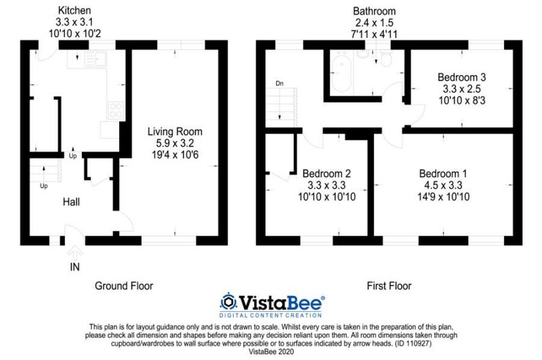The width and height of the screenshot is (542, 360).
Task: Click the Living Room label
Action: tap(175, 132)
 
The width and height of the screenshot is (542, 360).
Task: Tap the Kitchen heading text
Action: tap(75, 10)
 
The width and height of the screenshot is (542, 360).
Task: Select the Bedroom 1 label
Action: tap(443, 174)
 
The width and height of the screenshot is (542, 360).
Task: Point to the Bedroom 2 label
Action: tap(327, 174)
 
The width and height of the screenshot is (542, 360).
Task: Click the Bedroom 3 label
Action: tap(462, 77)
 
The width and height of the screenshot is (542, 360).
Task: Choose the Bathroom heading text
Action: tap(375, 11)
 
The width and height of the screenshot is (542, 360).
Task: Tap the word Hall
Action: tap(71, 202)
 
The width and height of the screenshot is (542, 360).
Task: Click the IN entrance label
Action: tap(75, 267)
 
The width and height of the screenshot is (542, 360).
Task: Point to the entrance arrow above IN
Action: tap(75, 253)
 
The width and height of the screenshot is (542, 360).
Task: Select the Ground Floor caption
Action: tap(124, 285)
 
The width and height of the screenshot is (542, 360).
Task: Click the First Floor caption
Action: tap(389, 285)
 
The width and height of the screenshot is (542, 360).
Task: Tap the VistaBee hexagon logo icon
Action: tap(228, 302)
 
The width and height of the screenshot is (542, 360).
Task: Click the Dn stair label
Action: tap(279, 83)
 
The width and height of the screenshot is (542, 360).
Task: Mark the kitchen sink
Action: tap(96, 59)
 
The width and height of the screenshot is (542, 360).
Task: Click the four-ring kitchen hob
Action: tap(115, 111)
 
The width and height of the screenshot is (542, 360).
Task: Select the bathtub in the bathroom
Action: tap(341, 73)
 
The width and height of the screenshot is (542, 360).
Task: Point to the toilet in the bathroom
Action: tap(385, 59)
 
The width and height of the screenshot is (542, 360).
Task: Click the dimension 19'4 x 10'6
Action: tap(175, 155)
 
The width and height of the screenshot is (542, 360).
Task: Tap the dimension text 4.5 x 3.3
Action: tap(443, 185)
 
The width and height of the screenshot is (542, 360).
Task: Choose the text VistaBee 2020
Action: tap(271, 352)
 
